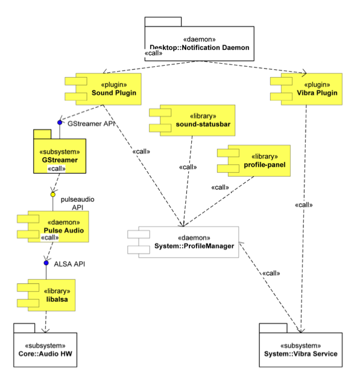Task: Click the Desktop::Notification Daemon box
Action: pyautogui.click(x=199, y=43)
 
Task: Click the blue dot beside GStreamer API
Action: pyautogui.click(x=60, y=122)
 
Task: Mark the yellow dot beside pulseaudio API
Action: pyautogui.click(x=52, y=195)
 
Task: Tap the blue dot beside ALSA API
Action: pyautogui.click(x=46, y=263)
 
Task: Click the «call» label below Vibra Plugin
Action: pyautogui.click(x=303, y=205)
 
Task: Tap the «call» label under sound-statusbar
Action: pyautogui.click(x=188, y=167)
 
